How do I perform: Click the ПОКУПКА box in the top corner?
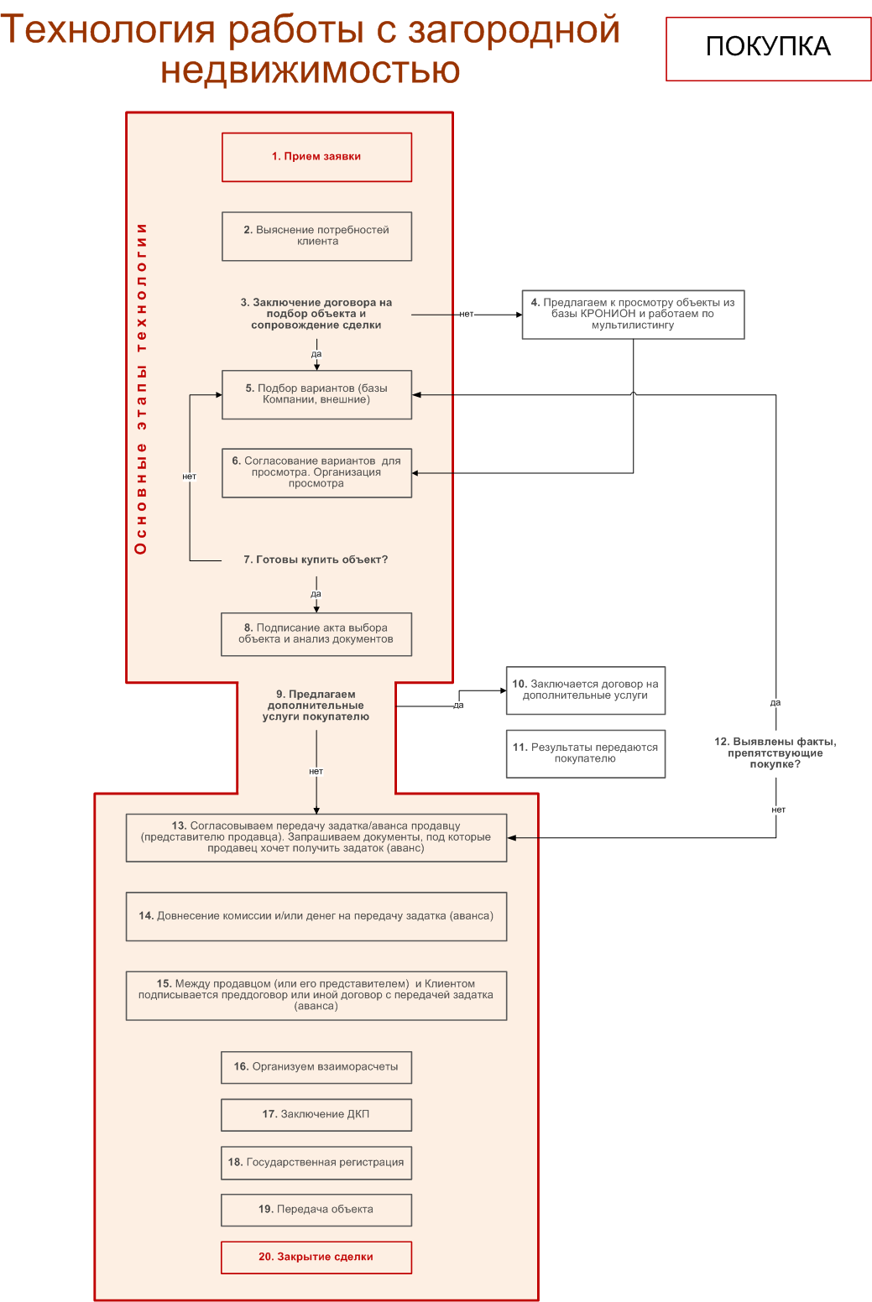pyautogui.click(x=768, y=49)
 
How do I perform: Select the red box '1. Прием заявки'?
pyautogui.click(x=316, y=157)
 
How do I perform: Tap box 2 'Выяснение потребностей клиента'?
pyautogui.click(x=316, y=236)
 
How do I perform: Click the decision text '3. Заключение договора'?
pyautogui.click(x=316, y=314)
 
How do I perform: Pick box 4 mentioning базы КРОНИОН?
pyautogui.click(x=633, y=315)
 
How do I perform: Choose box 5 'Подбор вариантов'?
pyautogui.click(x=316, y=394)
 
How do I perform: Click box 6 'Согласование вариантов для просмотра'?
pyautogui.click(x=316, y=472)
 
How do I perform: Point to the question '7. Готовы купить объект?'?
pyautogui.click(x=316, y=560)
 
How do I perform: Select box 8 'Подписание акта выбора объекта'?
pyautogui.click(x=316, y=634)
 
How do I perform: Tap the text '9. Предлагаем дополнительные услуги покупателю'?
pyautogui.click(x=316, y=705)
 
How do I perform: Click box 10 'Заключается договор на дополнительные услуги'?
pyautogui.click(x=586, y=690)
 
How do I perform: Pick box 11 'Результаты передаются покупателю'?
pyautogui.click(x=586, y=753)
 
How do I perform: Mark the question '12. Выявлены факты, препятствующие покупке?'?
pyautogui.click(x=775, y=753)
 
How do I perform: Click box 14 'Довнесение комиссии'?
pyautogui.click(x=316, y=916)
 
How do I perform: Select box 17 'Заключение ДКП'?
pyautogui.click(x=316, y=1114)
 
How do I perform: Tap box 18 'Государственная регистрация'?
pyautogui.click(x=316, y=1163)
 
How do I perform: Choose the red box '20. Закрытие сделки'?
pyautogui.click(x=316, y=1258)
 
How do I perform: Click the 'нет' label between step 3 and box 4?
pyautogui.click(x=467, y=314)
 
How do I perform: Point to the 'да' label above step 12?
pyautogui.click(x=775, y=703)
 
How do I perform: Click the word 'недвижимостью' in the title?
pyautogui.click(x=311, y=70)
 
